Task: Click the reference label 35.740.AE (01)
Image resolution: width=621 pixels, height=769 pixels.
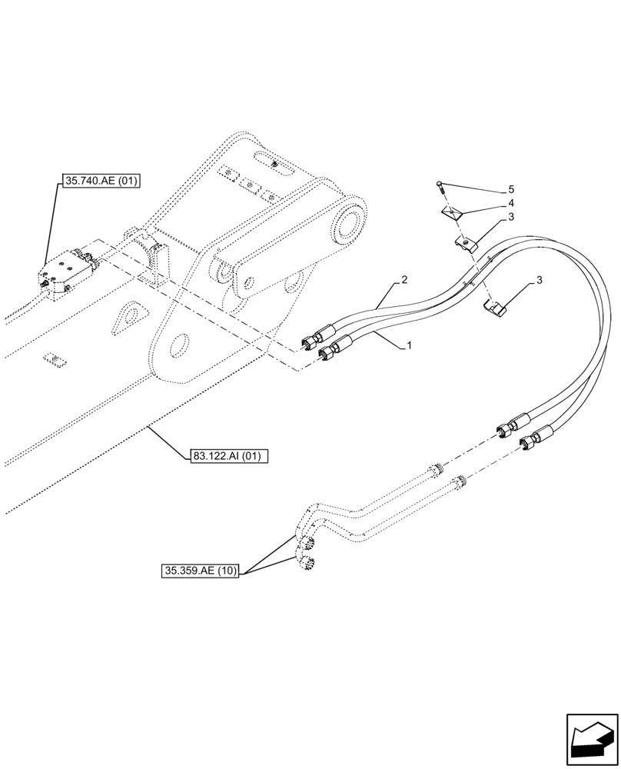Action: coord(102,181)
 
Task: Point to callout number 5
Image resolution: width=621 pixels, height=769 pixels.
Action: coord(510,189)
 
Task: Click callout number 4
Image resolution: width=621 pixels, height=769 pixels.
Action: coord(510,203)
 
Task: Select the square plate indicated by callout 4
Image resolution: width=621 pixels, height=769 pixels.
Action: coord(454,213)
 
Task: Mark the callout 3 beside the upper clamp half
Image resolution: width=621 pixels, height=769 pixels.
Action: coord(510,218)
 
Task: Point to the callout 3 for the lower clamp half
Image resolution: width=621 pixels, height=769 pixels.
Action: coord(540,280)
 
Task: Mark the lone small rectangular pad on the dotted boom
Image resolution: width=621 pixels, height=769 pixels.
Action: coord(51,358)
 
